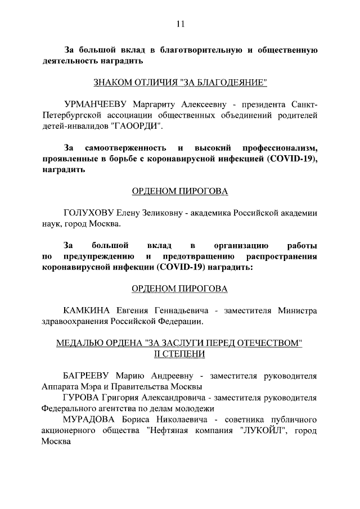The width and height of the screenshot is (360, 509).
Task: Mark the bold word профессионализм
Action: (280, 148)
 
